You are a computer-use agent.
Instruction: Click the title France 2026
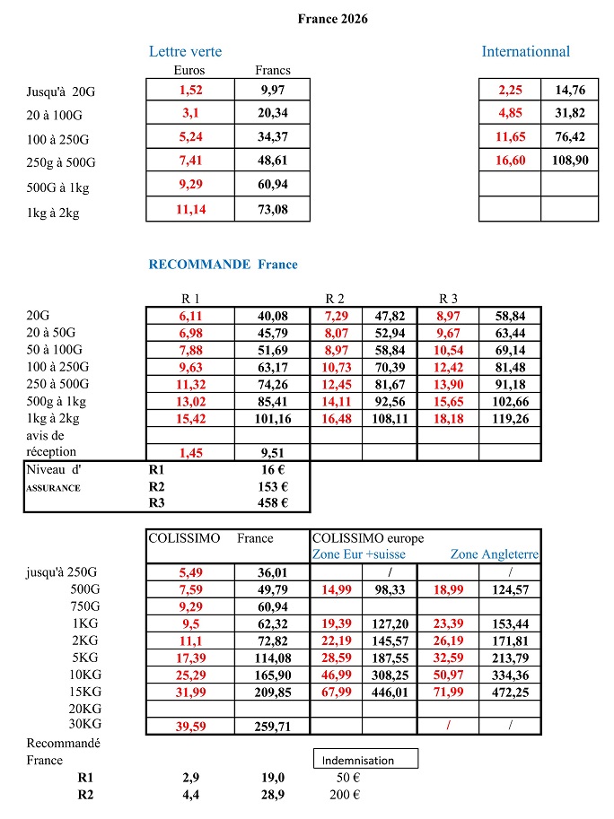(332, 19)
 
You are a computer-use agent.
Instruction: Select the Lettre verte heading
(185, 51)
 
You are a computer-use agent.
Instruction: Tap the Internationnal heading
(525, 51)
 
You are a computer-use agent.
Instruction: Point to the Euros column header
(189, 70)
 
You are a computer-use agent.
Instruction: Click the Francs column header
(273, 70)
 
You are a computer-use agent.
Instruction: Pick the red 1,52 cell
(191, 89)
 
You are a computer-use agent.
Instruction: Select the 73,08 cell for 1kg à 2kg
(272, 210)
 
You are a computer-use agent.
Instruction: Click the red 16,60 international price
(512, 161)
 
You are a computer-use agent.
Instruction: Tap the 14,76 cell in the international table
(570, 89)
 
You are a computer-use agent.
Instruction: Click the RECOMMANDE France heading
(223, 265)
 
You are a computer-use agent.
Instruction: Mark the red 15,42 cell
(191, 418)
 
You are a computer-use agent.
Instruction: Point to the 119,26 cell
(509, 418)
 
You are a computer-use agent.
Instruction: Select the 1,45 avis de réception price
(191, 452)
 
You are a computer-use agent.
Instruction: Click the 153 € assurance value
(272, 485)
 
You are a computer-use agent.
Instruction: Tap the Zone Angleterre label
(495, 554)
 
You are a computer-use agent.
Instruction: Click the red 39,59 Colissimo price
(191, 726)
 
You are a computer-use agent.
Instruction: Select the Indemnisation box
(366, 760)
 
